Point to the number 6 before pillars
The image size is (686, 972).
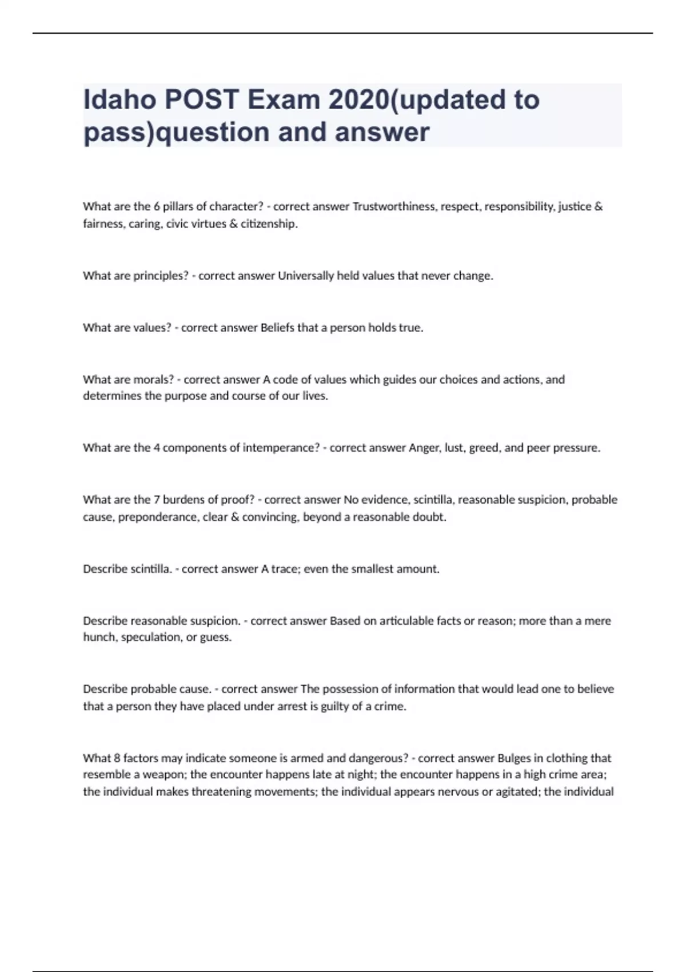(157, 206)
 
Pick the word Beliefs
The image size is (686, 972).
(277, 328)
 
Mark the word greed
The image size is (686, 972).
(484, 448)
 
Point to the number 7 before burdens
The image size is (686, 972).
(157, 500)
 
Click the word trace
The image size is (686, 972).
(285, 569)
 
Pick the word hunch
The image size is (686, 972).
(99, 638)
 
